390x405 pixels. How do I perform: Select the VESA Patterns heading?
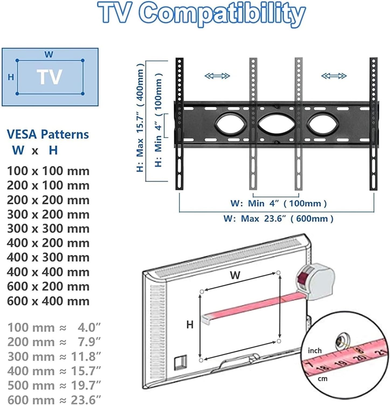tap(48, 134)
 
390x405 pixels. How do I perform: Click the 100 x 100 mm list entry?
tap(48, 171)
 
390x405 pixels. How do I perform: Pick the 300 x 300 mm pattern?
tap(48, 229)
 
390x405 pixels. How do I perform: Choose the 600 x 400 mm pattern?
tap(48, 301)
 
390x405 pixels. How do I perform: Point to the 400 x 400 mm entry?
tap(48, 272)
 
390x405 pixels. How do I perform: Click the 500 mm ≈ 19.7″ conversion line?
tap(54, 385)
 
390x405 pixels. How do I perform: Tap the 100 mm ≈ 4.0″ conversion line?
tap(54, 328)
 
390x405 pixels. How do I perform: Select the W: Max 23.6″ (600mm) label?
tap(278, 218)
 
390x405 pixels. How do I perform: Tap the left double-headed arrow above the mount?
tap(217, 76)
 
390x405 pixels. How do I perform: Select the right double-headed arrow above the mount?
tap(334, 76)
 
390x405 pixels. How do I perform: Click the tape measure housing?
tap(317, 281)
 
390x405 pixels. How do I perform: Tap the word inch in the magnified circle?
tap(315, 350)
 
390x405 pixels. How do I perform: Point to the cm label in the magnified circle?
tap(322, 379)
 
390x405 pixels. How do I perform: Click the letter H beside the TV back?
tap(190, 324)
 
